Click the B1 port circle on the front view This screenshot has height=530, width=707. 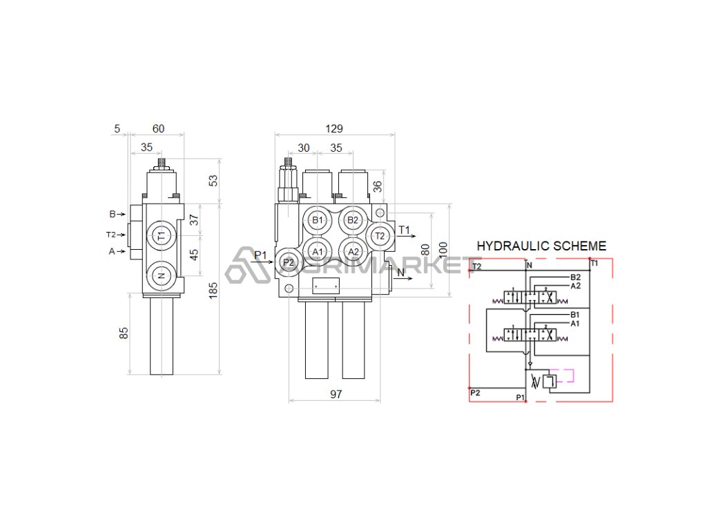(x=318, y=220)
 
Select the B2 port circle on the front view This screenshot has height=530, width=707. (x=353, y=220)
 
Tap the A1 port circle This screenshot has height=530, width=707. (x=318, y=252)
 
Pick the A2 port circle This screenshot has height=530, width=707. (x=353, y=252)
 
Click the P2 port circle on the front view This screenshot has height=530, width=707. (x=288, y=262)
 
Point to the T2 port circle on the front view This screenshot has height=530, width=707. (x=379, y=236)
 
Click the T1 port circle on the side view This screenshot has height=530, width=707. (x=161, y=235)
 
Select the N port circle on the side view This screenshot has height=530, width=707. (x=161, y=275)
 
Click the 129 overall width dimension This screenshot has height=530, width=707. (x=334, y=129)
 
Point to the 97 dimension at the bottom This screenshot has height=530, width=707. (x=336, y=395)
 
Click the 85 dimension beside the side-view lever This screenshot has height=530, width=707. (x=124, y=333)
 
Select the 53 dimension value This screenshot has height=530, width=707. (x=213, y=180)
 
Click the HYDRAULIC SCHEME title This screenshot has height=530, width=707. (x=541, y=246)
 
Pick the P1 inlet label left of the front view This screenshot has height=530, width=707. (x=260, y=256)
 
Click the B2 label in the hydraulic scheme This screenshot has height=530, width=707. (x=576, y=277)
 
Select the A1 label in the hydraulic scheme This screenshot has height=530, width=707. (x=575, y=323)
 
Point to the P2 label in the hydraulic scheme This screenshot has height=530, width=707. (x=476, y=392)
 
